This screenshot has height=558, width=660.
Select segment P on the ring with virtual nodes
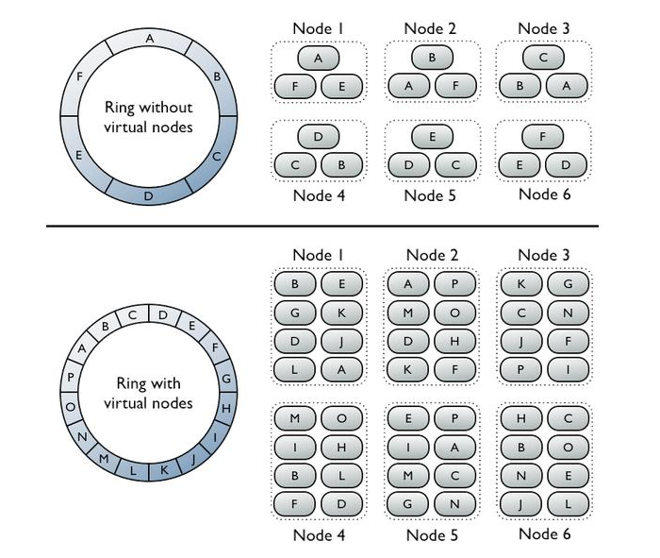click(x=71, y=375)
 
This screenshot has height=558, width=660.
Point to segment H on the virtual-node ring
click(x=226, y=407)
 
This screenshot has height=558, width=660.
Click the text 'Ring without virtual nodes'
click(x=148, y=117)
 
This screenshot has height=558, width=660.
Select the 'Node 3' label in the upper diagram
click(x=544, y=28)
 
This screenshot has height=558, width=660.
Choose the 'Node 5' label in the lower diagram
click(x=432, y=535)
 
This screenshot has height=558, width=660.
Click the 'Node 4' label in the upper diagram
click(x=318, y=195)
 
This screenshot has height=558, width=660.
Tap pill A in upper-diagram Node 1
click(x=319, y=59)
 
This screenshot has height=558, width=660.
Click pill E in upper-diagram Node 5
click(x=432, y=137)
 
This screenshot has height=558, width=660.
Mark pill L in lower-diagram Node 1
click(x=295, y=370)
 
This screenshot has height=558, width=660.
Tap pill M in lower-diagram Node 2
click(x=408, y=312)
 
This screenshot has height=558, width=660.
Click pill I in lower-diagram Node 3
click(x=567, y=370)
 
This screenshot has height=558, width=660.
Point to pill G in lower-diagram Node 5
click(x=408, y=506)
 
